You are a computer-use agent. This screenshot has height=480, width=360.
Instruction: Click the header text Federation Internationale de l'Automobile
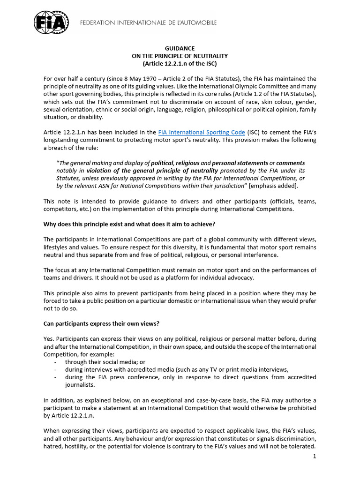[148, 22]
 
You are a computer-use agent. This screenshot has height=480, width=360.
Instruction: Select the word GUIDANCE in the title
[180, 48]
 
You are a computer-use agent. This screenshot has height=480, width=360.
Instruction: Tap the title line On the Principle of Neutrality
[180, 56]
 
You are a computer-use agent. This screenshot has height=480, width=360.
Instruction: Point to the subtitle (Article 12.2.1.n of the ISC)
[180, 63]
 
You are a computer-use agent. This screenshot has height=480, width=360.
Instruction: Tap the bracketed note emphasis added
[273, 186]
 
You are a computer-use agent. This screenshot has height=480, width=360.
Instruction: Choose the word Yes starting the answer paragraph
[48, 338]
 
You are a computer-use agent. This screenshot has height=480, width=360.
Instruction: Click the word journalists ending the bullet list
[81, 385]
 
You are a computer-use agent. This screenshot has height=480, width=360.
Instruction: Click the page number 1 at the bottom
[314, 456]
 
